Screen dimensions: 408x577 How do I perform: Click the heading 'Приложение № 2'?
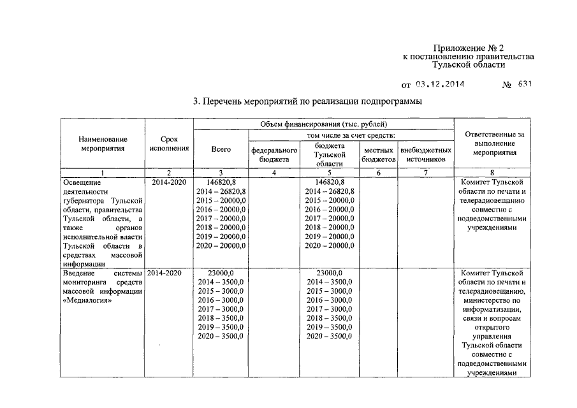pyautogui.click(x=469, y=48)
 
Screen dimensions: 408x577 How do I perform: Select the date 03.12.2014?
pyautogui.click(x=440, y=84)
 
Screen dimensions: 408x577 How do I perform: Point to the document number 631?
pyautogui.click(x=525, y=84)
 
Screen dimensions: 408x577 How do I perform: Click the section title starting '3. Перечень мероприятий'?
pyautogui.click(x=307, y=101)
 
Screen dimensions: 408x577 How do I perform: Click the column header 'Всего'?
pyautogui.click(x=221, y=149)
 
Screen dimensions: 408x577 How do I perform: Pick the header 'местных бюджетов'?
pyautogui.click(x=378, y=154)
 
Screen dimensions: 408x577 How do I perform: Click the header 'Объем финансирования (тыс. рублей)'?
pyautogui.click(x=324, y=124)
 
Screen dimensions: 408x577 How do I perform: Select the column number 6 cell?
pyautogui.click(x=378, y=173)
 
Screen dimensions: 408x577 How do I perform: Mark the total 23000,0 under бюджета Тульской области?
pyautogui.click(x=330, y=272)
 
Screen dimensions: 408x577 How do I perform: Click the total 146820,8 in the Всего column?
pyautogui.click(x=221, y=182)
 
